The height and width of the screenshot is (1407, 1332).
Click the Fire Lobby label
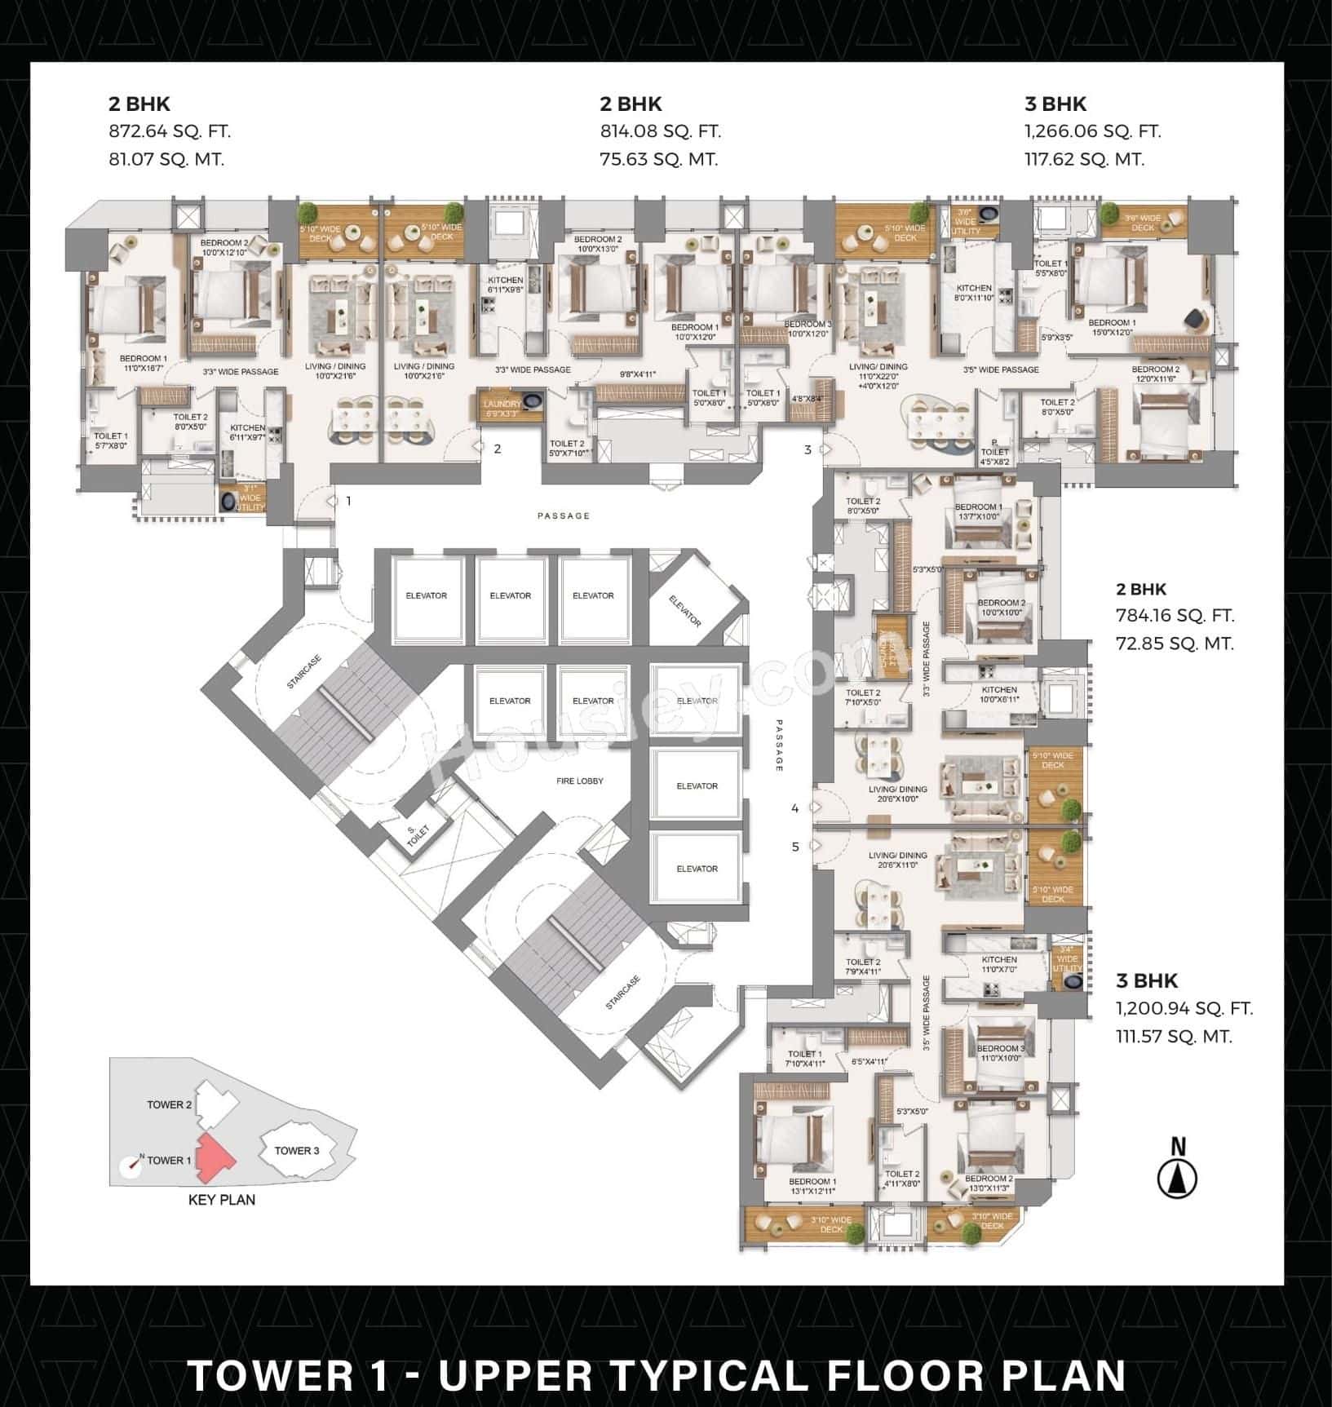580,781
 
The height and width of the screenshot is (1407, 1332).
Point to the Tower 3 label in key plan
297,1150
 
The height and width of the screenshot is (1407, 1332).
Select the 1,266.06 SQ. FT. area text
1092,131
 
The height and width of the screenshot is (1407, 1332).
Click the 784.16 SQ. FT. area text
1175,616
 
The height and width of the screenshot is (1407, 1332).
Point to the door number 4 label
794,808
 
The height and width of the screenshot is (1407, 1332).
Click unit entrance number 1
348,501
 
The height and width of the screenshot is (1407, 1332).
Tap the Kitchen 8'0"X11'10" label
974,293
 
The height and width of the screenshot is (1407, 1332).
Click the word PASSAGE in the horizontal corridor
563,515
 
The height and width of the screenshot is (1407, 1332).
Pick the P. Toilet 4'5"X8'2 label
994,452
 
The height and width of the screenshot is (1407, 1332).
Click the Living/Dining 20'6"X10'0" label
897,794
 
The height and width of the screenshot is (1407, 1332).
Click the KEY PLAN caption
221,1200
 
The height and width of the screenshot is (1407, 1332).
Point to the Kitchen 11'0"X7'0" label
999,964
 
